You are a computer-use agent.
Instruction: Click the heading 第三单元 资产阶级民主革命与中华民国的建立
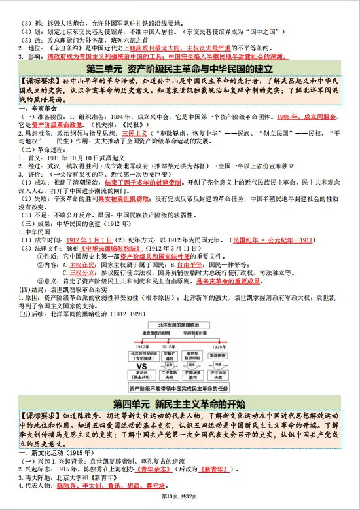(179, 69)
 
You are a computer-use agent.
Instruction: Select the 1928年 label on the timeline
(219, 347)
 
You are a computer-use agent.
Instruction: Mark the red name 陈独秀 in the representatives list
(66, 486)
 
